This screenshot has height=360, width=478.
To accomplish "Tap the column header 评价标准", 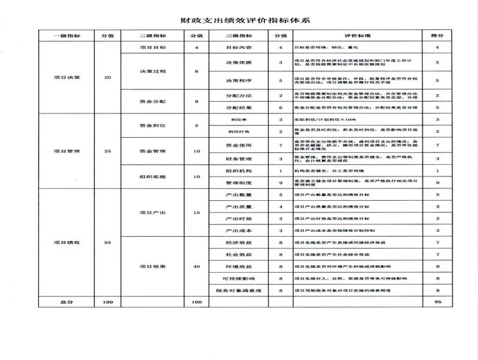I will pos(353,35).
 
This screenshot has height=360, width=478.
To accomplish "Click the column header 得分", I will pos(437,35).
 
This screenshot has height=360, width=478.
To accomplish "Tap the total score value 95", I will pos(437,303).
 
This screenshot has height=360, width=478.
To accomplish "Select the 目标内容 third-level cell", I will pos(238,47).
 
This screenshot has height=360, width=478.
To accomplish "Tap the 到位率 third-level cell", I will pos(238,120).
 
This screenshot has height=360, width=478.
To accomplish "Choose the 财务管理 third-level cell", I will pos(238,159).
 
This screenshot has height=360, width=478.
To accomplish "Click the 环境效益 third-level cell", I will pos(238,266).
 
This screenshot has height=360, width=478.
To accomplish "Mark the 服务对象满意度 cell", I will pos(238,291).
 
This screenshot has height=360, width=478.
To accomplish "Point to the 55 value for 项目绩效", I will pos(107,242).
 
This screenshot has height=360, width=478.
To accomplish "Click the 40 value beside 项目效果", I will pos(197,266).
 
